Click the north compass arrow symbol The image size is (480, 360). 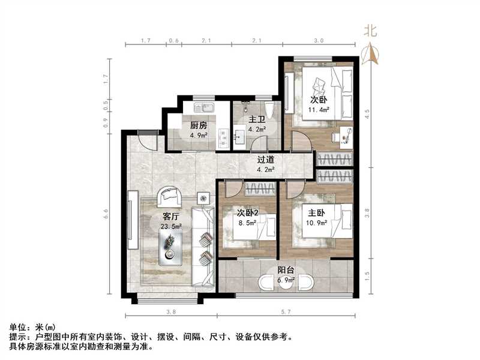pyautogui.click(x=371, y=55)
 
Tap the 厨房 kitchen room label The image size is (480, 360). pyautogui.click(x=199, y=126)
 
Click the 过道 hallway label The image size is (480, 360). pyautogui.click(x=266, y=161)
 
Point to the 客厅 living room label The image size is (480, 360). pyautogui.click(x=172, y=217)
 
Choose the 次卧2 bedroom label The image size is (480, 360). pyautogui.click(x=247, y=213)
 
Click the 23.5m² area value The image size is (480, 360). pyautogui.click(x=172, y=226)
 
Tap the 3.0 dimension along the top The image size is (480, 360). pyautogui.click(x=319, y=41)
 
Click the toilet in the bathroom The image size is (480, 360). pyautogui.click(x=269, y=111)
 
